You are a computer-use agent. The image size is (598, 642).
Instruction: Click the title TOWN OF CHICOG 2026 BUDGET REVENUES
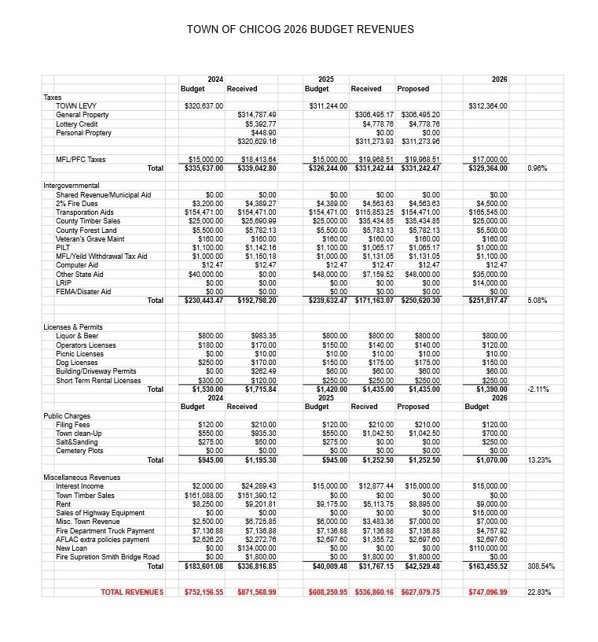(300, 30)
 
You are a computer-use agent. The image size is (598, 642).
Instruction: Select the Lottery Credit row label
(77, 124)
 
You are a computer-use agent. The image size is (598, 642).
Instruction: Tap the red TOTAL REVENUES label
(132, 592)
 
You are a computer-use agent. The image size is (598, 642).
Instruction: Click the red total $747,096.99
(487, 592)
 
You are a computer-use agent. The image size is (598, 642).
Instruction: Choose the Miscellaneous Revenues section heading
(83, 478)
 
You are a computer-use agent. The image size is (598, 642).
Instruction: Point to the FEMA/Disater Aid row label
(83, 292)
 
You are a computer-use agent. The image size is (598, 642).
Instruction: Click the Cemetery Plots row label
(79, 451)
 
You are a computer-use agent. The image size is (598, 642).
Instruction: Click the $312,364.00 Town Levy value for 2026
(487, 106)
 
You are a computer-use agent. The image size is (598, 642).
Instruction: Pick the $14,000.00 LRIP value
(490, 283)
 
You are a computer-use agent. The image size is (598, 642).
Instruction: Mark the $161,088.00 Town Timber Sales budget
(204, 496)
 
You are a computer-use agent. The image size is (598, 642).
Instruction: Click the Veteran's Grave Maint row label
(90, 238)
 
